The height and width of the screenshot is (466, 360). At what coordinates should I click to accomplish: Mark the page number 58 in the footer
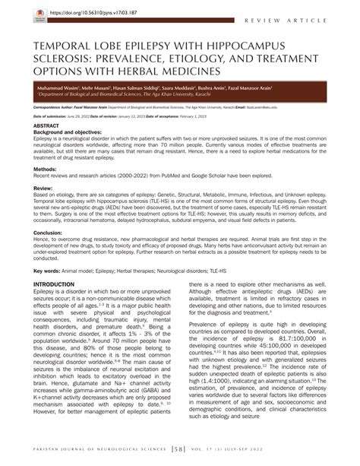pyautogui.click(x=180, y=455)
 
